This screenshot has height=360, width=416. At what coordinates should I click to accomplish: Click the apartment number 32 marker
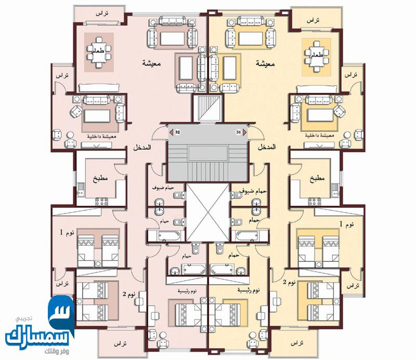click(x=177, y=132)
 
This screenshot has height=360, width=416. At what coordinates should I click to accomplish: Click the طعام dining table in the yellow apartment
click(x=316, y=54)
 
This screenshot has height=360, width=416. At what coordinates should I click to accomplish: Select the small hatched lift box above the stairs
click(x=207, y=106)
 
